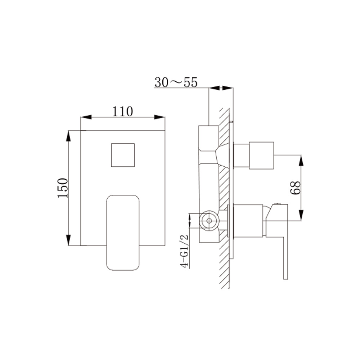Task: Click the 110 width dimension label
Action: pyautogui.click(x=122, y=111)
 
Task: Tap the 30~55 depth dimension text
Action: pyautogui.click(x=176, y=82)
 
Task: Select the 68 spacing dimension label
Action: pyautogui.click(x=296, y=188)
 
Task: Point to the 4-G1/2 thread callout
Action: pyautogui.click(x=184, y=250)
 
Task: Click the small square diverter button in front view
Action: pyautogui.click(x=123, y=155)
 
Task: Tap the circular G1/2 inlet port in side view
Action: pyautogui.click(x=209, y=221)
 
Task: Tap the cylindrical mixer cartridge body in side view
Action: pyautogui.click(x=248, y=221)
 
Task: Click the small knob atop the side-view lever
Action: pyautogui.click(x=278, y=204)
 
